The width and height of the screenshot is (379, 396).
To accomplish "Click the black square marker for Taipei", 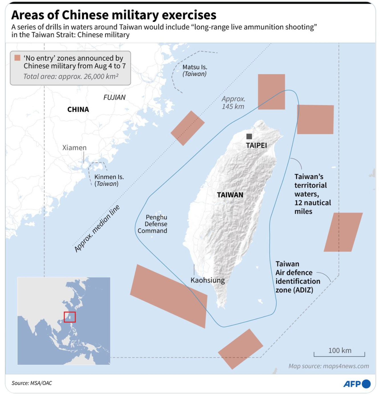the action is pos(249,136).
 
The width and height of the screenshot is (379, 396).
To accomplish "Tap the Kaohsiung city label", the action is pos(207,280).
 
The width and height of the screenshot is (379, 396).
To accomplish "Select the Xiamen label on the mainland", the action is pos(74,148).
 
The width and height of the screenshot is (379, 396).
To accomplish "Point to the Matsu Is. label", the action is pos(195,70).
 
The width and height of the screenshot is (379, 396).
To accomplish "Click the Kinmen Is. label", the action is pos(109,180).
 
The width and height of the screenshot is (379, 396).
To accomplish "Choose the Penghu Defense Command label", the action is pos(153,224).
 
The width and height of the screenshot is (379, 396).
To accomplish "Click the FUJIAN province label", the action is pos(114,97).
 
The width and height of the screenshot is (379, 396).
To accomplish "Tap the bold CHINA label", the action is pos(78,109).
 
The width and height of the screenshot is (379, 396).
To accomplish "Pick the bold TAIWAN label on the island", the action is pos(230,195).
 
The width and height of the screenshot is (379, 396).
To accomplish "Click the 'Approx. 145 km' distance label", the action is pos(233,103).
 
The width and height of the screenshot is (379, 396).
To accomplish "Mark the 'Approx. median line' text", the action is pos(97,228).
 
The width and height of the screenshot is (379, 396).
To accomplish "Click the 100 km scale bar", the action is pos(339,354).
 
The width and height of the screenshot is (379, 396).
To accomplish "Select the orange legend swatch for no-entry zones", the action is pos(17,58).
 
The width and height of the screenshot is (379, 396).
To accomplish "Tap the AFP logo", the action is pos(357,384).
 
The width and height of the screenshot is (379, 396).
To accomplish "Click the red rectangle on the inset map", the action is pos(70,317).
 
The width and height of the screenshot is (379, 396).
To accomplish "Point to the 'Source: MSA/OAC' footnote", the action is pos(32,383).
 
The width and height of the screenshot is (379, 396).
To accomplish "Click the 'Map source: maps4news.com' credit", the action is pos(329,366).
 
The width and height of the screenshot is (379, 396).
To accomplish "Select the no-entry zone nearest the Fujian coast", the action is pos(188,128).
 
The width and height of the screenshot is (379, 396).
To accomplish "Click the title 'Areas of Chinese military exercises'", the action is pos(114,15).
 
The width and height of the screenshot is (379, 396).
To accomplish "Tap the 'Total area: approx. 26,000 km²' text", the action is pos(71,76).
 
